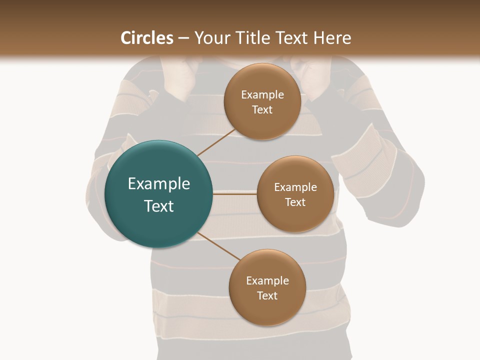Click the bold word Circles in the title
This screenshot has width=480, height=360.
(x=147, y=38)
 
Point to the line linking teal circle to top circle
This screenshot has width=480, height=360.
(x=216, y=142)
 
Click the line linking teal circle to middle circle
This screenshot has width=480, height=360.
(x=234, y=194)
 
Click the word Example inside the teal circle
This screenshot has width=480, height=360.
(x=159, y=184)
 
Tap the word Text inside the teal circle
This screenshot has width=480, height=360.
(x=159, y=206)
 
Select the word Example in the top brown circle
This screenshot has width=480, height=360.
(x=262, y=95)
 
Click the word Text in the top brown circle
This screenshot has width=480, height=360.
(x=262, y=110)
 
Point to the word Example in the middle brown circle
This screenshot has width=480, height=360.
(x=295, y=187)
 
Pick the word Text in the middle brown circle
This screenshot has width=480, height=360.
(x=295, y=202)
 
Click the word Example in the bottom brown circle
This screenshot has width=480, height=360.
(x=267, y=281)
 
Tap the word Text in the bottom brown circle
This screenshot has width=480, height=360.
(x=267, y=296)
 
